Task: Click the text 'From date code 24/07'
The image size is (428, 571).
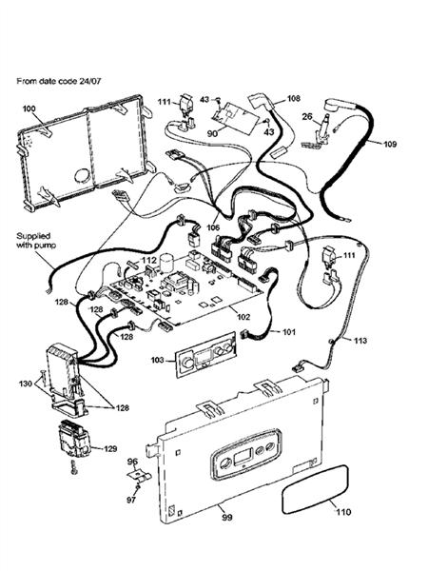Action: (x=65, y=82)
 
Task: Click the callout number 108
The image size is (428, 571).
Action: (x=293, y=98)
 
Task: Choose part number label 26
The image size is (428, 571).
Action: (x=307, y=118)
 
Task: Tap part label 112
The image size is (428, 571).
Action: (x=149, y=259)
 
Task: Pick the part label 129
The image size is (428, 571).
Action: (x=110, y=448)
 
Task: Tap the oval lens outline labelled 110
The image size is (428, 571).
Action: (x=312, y=493)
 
